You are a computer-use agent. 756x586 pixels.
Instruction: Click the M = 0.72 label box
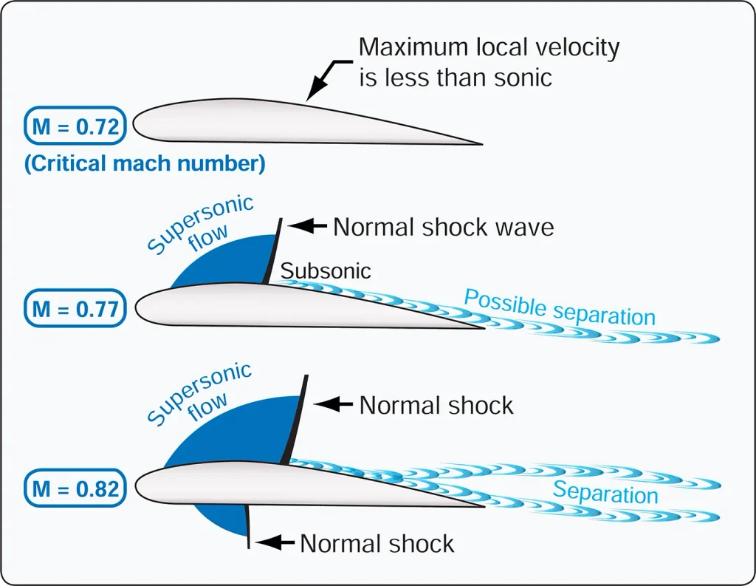point(75,126)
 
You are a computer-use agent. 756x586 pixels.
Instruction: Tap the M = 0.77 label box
point(75,308)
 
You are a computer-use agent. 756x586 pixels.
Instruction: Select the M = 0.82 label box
point(75,488)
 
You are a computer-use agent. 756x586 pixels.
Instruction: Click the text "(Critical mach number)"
point(145,163)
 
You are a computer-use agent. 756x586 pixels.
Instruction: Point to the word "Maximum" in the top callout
point(413,47)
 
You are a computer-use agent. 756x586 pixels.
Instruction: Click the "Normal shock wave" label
point(444,227)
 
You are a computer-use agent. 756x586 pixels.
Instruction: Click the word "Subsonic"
point(326,270)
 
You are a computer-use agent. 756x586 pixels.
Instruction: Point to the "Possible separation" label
point(560,307)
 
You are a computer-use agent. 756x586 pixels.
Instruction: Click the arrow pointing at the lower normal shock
point(275,542)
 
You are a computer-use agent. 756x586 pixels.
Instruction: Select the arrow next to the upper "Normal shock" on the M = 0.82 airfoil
point(334,404)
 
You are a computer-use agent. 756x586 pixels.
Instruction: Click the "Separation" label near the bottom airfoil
point(605,493)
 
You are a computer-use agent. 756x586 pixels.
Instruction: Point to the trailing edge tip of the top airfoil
point(482,144)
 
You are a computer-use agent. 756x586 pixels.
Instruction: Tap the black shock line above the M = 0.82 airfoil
point(295,419)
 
